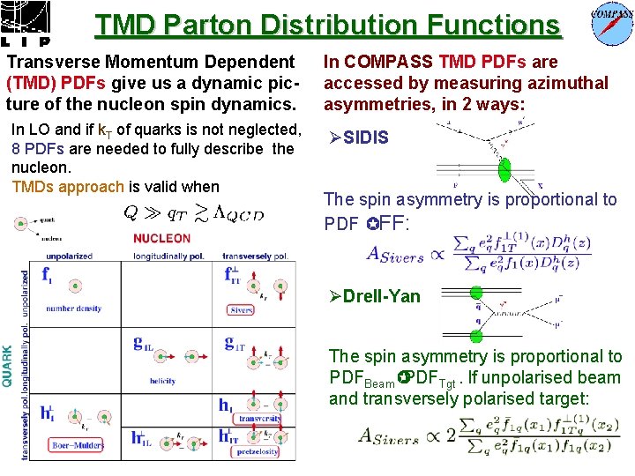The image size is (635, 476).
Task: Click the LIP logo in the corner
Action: click(26, 23)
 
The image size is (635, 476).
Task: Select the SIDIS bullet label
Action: click(365, 138)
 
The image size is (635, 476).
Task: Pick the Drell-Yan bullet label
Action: click(382, 296)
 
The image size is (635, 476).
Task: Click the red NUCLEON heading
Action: click(162, 239)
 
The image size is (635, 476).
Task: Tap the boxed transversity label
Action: click(258, 419)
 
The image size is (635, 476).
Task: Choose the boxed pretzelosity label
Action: click(258, 451)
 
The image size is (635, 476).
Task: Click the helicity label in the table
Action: click(162, 382)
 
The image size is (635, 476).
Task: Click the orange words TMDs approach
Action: click(67, 187)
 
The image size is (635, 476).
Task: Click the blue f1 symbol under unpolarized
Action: click(47, 275)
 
